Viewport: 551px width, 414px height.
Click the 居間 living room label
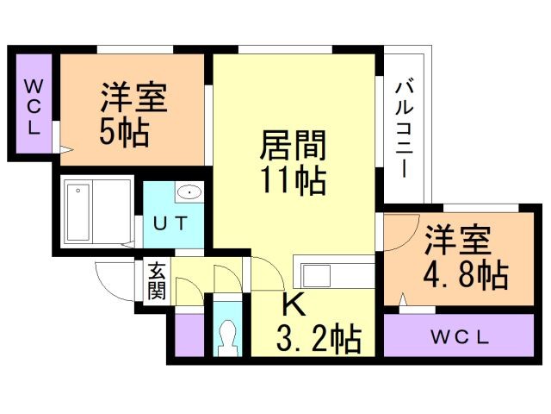coord(293,145)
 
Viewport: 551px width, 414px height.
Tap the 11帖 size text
coord(293,180)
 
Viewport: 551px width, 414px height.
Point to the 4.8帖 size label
coord(466,275)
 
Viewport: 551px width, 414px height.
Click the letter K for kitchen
coord(294,304)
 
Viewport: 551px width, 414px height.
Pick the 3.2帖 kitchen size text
coord(319,339)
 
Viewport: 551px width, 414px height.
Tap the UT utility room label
coord(171,223)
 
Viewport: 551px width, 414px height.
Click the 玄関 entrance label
coord(157,281)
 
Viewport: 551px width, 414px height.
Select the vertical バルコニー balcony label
coord(404,129)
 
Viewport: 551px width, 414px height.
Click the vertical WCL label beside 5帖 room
coord(34,107)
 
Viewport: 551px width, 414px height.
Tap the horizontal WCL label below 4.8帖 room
coord(460,337)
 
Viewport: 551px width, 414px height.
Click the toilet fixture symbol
coord(227,338)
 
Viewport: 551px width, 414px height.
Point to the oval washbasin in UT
coord(189,192)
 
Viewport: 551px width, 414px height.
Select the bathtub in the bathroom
coord(77,212)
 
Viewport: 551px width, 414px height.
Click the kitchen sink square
coord(317,276)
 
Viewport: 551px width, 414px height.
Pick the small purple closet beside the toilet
coord(189,335)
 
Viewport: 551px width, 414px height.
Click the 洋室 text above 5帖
coord(134,97)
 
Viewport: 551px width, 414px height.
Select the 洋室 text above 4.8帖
coord(458,241)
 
